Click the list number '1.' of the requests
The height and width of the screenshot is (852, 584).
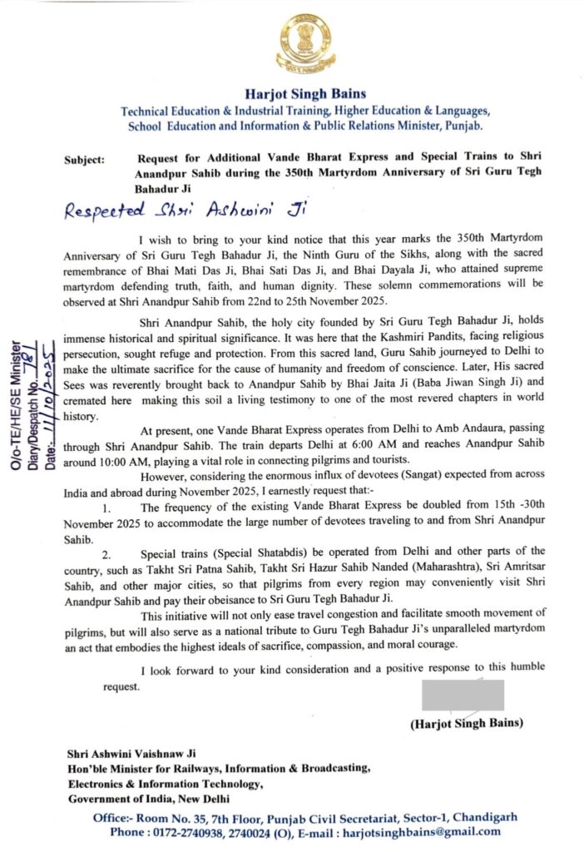coord(105,507)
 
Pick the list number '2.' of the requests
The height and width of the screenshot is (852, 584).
coord(106,552)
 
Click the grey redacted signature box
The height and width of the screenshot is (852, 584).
coord(463,695)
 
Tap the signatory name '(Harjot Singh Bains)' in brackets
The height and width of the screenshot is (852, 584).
coord(467,723)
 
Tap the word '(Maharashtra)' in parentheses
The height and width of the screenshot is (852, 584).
coord(384,566)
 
